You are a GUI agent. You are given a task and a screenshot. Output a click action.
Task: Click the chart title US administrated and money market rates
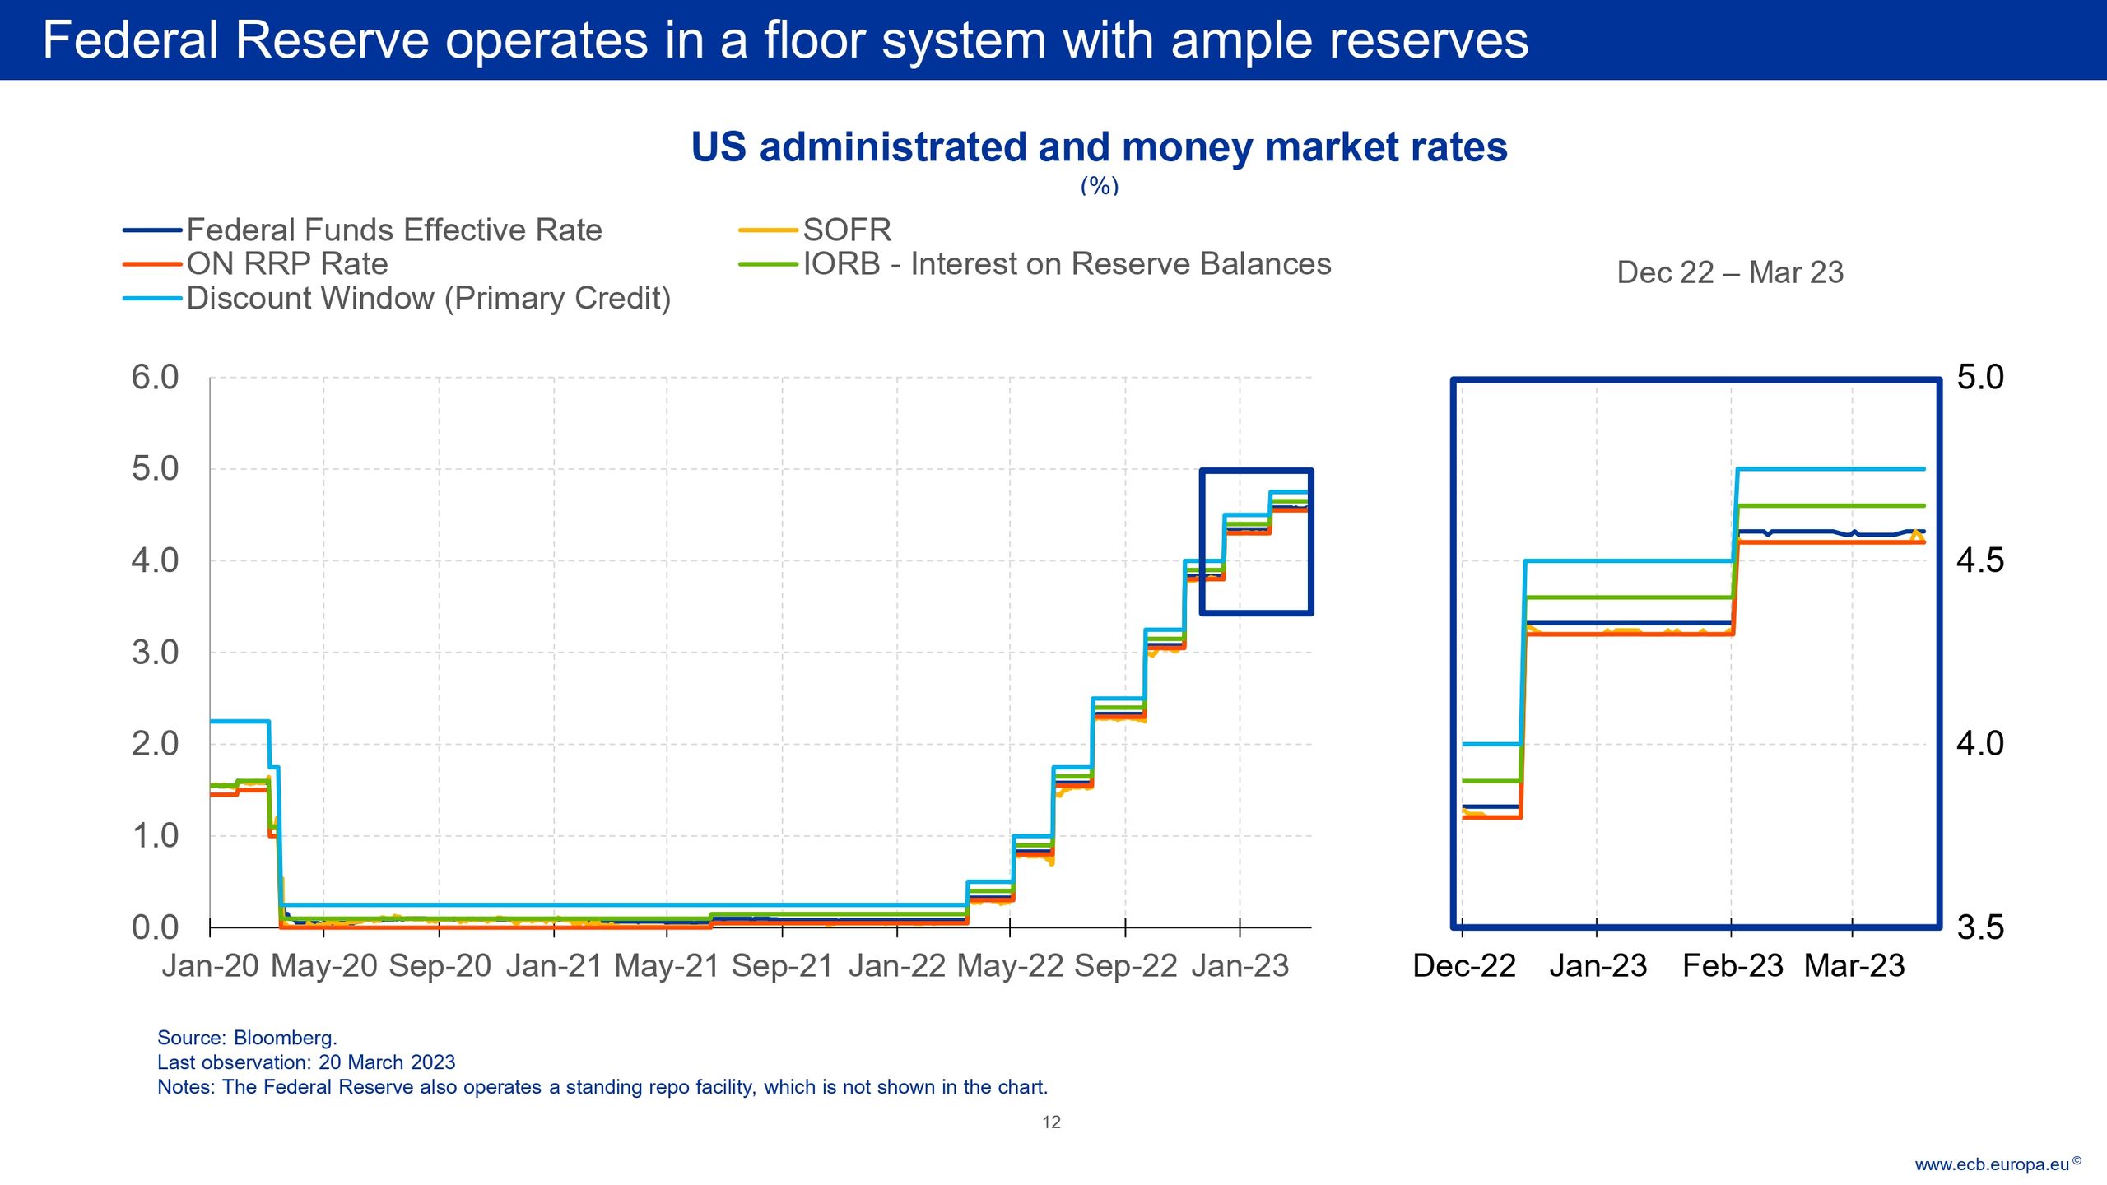coord(1099,148)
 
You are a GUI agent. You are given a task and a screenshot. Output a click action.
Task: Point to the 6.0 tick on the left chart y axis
coord(155,378)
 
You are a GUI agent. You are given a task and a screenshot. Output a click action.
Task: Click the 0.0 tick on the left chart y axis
coord(155,927)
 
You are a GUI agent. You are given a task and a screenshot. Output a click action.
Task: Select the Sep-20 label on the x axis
coord(440,966)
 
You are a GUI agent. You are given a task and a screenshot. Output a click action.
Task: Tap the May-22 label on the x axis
coord(1010,966)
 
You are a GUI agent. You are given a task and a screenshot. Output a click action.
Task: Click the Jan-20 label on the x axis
coord(211,966)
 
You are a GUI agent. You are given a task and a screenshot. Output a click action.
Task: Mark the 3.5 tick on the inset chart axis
coord(1980,927)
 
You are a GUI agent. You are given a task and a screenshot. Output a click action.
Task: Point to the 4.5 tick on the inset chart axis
coord(1980,561)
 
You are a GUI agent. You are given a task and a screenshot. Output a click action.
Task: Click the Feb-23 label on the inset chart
coord(1732,966)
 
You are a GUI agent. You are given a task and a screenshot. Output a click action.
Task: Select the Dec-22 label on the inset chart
coord(1464,966)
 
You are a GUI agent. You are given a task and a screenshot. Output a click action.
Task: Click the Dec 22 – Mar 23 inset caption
coord(1730,273)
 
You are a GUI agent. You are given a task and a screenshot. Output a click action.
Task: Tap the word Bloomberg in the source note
coord(285,1038)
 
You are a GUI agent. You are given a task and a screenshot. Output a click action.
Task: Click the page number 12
coord(1051,1122)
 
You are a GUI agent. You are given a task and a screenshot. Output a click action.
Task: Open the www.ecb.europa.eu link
coord(1992,1164)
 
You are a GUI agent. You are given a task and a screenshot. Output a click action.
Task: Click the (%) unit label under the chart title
coord(1099,186)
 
